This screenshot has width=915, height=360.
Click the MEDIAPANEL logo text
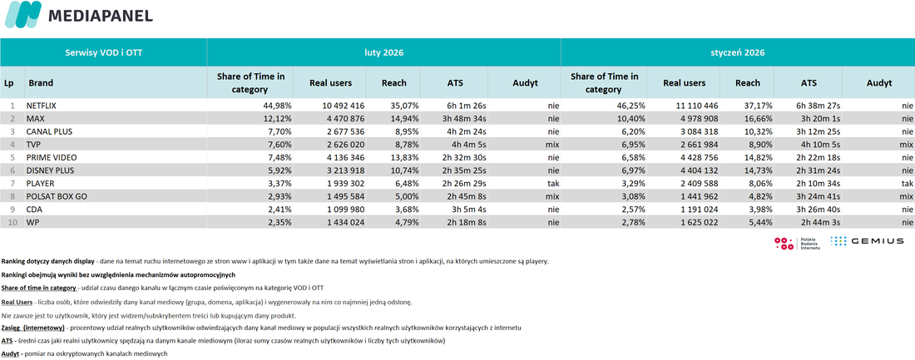[101, 15]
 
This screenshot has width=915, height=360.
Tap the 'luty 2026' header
[383, 52]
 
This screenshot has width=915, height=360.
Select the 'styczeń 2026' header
[738, 52]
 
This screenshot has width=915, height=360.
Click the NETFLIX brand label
[43, 106]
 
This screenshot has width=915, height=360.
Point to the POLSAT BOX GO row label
[57, 196]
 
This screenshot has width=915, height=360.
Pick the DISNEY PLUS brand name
[51, 170]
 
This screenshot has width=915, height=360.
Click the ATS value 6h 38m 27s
[818, 106]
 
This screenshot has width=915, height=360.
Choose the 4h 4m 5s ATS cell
[465, 145]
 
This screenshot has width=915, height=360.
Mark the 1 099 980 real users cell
[343, 209]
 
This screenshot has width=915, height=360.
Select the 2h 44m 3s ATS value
[820, 222]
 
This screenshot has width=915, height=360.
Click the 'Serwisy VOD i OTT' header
[103, 52]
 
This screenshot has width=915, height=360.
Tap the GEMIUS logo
[867, 240]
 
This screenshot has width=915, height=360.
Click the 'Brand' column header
[40, 83]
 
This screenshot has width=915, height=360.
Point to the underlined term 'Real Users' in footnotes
[17, 303]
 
